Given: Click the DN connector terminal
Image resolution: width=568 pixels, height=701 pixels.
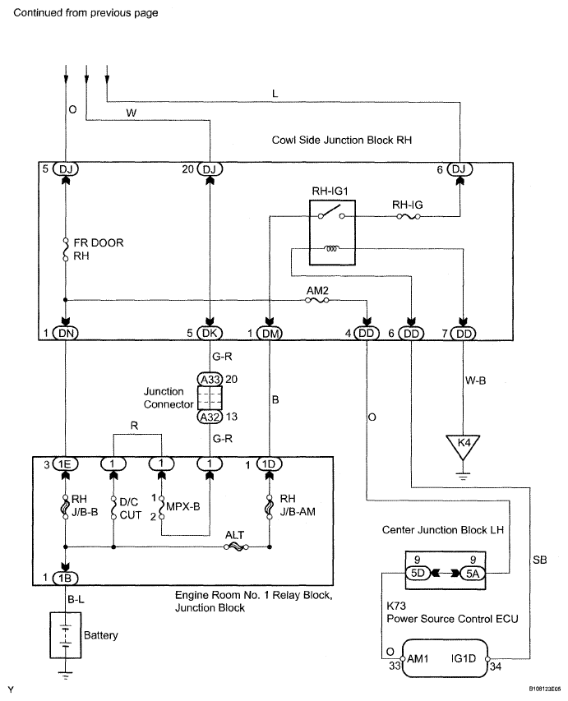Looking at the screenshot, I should click(x=65, y=333).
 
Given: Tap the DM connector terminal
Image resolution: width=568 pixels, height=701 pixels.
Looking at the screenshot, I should click(x=270, y=333).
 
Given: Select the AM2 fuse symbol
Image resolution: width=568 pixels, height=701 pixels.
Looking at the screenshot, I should click(x=316, y=301).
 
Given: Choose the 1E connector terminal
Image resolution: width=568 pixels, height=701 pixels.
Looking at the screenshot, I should click(x=65, y=464).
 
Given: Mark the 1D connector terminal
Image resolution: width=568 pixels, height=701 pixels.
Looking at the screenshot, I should click(x=270, y=464).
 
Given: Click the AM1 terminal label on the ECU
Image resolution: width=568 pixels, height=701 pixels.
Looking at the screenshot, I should click(x=423, y=659).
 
